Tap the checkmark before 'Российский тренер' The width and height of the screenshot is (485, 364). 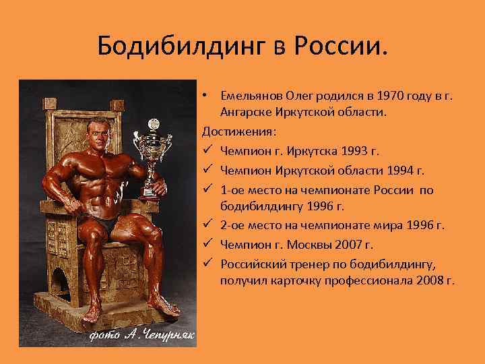click(208, 264)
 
